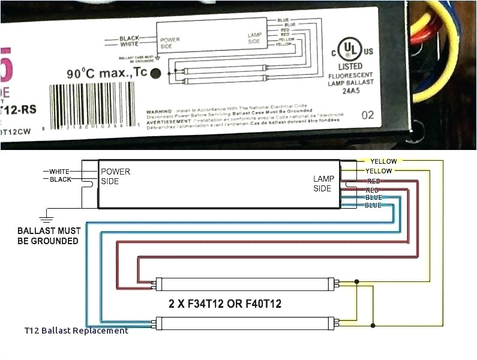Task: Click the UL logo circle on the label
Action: [347, 48]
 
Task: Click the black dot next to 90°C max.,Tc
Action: [155, 74]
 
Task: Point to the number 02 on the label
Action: [368, 115]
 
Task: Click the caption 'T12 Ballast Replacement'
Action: [76, 331]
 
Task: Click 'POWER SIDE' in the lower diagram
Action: [115, 176]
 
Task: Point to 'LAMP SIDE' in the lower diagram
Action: [323, 184]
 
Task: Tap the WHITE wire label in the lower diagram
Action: [60, 171]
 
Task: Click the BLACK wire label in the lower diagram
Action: [61, 179]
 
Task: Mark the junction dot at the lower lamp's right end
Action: [373, 326]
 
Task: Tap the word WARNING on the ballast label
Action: [159, 112]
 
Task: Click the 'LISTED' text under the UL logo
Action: [350, 66]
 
